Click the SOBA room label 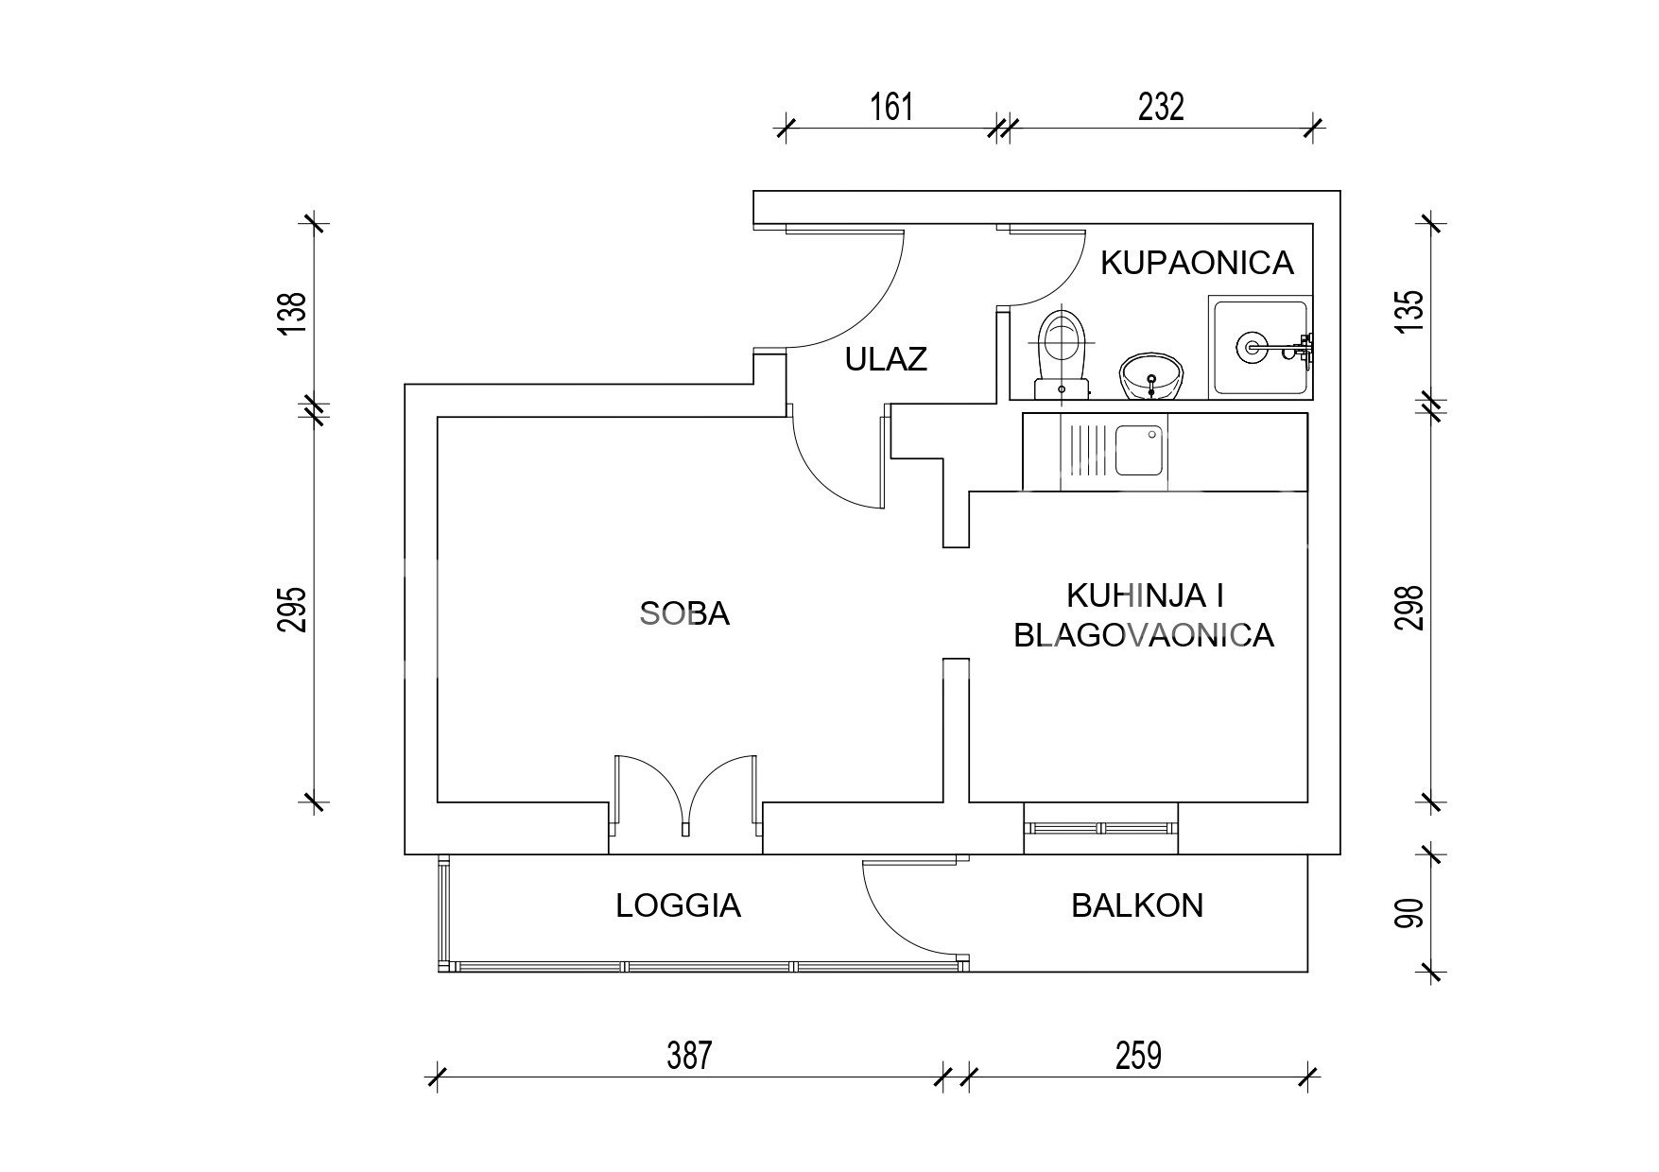(x=685, y=614)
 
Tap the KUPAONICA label (x=1197, y=263)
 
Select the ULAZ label (x=886, y=359)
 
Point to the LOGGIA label (x=678, y=906)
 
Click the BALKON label (x=1137, y=905)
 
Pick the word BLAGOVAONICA (x=1144, y=635)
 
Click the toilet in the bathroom (x=1063, y=353)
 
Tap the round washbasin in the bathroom (x=1150, y=377)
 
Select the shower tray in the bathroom (x=1261, y=346)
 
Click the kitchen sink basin (x=1138, y=451)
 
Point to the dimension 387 (x=688, y=1055)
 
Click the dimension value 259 (x=1138, y=1055)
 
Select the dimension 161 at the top (x=891, y=107)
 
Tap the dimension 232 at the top (x=1161, y=107)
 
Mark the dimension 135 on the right (x=1408, y=310)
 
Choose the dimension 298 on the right (x=1408, y=607)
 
